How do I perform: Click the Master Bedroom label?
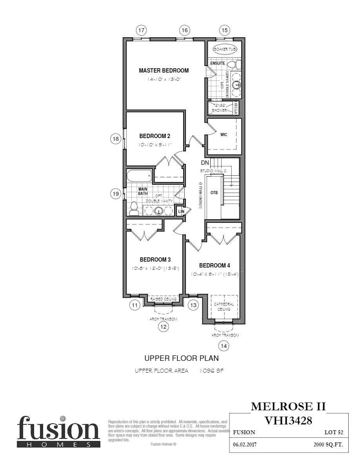pos(164,71)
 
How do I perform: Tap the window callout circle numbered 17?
pos(141,30)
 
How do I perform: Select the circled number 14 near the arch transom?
pos(224,346)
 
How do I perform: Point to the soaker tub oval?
pos(225,49)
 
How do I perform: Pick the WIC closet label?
pos(224,135)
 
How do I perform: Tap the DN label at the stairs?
pos(205,163)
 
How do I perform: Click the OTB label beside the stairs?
pos(214,193)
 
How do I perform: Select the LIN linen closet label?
pos(181,211)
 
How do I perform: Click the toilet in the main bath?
pos(134,208)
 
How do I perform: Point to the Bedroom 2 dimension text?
pos(155,145)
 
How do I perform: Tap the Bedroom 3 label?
pos(155,260)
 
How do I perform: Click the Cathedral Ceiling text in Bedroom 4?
pos(224,306)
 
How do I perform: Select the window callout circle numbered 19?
pos(115,193)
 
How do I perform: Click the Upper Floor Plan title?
pos(182,358)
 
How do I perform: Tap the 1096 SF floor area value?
pos(211,371)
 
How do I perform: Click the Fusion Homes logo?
pos(58,431)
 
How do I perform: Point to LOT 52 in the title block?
pos(334,432)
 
